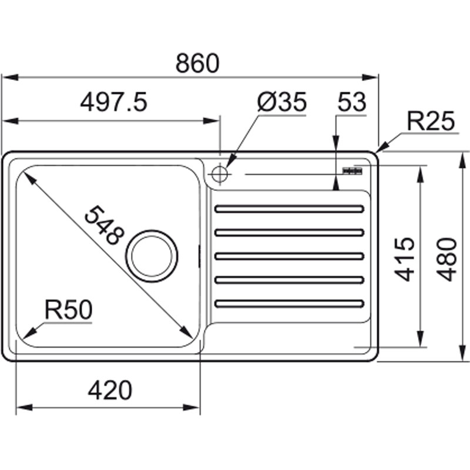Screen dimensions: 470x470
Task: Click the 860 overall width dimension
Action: point(197,64)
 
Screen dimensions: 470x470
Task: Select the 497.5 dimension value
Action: point(113,103)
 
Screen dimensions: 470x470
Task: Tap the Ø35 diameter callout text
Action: point(283,103)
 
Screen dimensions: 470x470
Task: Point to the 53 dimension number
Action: point(352,103)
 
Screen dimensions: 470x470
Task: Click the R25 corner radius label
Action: point(431,122)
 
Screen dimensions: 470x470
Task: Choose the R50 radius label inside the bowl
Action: point(69,310)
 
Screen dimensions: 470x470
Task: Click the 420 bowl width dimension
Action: point(110,390)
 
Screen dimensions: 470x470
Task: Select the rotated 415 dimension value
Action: point(405,259)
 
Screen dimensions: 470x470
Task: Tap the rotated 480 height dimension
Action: point(447,259)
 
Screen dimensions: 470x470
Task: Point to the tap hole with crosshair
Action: point(219,173)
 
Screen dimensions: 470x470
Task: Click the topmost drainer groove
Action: point(290,209)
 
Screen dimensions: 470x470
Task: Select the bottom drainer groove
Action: point(290,304)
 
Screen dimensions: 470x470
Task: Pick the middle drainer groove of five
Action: point(290,256)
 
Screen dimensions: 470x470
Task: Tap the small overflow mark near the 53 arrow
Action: point(352,170)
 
